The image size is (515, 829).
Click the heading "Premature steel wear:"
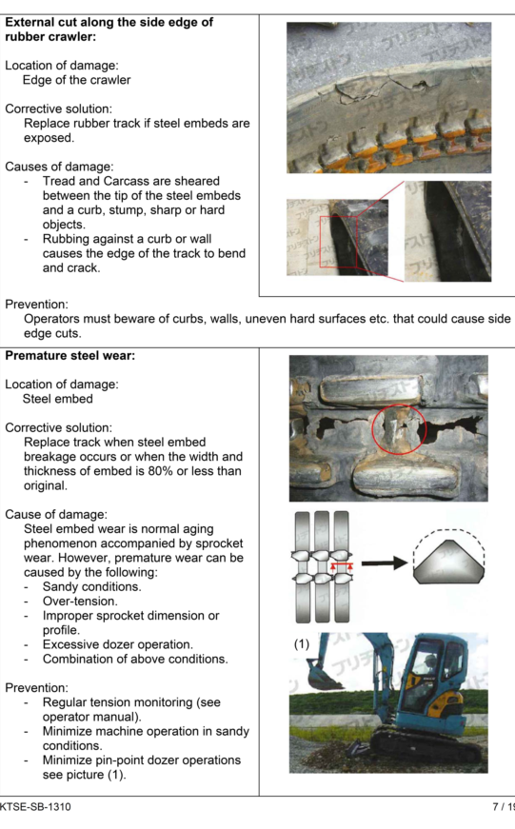tap(70, 356)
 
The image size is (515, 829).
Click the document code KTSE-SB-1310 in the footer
tap(35, 807)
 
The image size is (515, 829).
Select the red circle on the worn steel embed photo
tap(399, 429)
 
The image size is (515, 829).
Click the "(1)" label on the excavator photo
tap(302, 643)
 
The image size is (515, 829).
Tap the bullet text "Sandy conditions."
tap(92, 587)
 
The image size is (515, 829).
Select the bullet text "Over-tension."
tap(80, 602)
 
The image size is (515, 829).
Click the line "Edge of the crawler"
tap(77, 80)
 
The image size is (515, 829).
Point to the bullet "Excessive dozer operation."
tap(118, 644)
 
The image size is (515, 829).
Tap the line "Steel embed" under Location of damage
tap(58, 399)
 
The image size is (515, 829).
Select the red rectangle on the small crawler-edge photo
tap(338, 242)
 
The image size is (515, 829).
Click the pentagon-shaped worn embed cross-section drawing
tap(447, 562)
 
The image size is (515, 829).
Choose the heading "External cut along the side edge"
tap(109, 22)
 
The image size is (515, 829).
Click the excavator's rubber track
tap(428, 750)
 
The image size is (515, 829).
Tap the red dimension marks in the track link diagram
tap(342, 567)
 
